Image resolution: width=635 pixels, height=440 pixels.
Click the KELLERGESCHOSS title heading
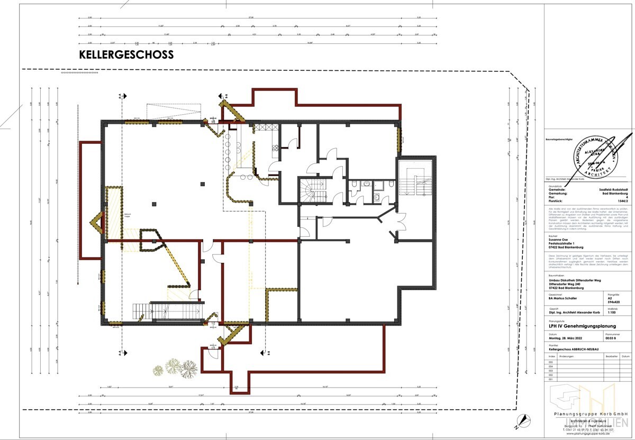point(126,54)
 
